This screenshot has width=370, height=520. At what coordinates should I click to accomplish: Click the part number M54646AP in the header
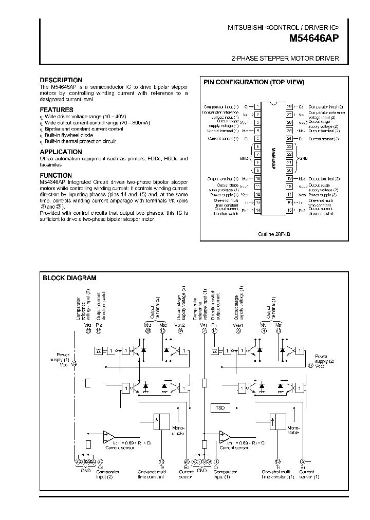tap(314, 38)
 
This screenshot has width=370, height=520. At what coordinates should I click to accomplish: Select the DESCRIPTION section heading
tap(61, 80)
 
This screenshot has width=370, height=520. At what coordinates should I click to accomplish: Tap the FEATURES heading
tap(57, 110)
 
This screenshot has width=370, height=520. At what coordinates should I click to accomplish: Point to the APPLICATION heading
tap(61, 152)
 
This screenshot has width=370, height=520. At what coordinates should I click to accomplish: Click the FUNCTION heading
tap(57, 175)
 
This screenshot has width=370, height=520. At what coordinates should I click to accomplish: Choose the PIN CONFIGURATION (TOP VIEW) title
tap(254, 82)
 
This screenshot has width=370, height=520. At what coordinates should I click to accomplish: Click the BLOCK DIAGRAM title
tap(69, 278)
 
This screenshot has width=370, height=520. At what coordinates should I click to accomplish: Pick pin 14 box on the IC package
tap(257, 210)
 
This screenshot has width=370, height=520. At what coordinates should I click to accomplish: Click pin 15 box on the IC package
tap(289, 210)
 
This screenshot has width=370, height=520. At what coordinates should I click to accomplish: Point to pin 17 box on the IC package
tap(289, 195)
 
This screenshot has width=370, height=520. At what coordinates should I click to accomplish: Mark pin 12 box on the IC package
tap(257, 195)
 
